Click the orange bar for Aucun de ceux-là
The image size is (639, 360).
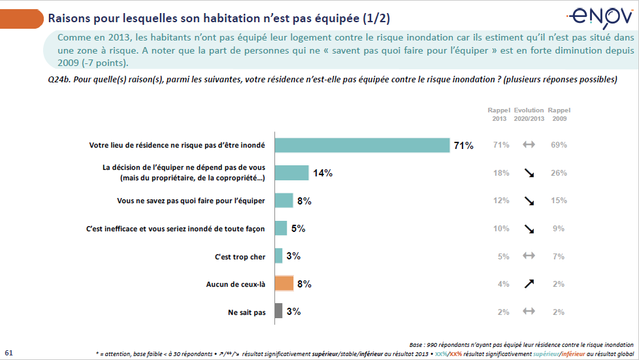(284, 284)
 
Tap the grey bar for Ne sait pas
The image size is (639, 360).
(278, 312)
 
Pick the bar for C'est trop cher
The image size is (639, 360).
(278, 256)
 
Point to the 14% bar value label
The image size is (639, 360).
(323, 173)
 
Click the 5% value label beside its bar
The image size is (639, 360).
(298, 229)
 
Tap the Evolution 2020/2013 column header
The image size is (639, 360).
(529, 114)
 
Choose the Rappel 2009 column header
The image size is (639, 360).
(559, 114)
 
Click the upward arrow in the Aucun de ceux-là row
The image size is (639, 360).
(529, 284)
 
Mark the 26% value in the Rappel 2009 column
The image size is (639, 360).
(559, 173)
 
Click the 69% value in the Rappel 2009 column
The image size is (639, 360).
(559, 145)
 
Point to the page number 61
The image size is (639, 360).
(8, 352)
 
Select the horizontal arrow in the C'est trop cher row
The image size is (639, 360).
(529, 256)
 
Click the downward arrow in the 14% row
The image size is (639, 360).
(529, 173)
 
